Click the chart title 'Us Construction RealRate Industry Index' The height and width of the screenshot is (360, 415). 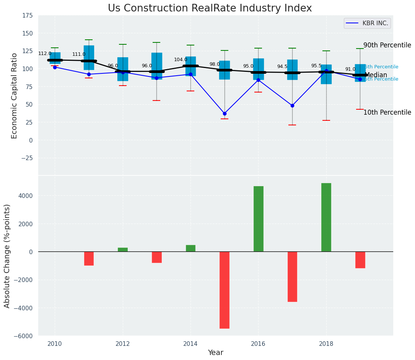pyautogui.click(x=210, y=8)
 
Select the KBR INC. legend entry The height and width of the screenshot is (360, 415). pyautogui.click(x=367, y=23)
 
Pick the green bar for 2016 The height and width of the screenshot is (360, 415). pyautogui.click(x=258, y=219)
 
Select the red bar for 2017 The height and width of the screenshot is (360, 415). pyautogui.click(x=292, y=276)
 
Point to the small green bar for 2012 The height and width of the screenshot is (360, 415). pyautogui.click(x=123, y=250)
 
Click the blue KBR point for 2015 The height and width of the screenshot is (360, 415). pyautogui.click(x=225, y=114)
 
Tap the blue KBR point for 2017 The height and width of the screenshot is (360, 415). pyautogui.click(x=292, y=105)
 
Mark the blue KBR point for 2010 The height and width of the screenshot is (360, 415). pyautogui.click(x=55, y=67)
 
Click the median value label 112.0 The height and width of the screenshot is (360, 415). pyautogui.click(x=45, y=54)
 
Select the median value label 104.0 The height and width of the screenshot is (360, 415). pyautogui.click(x=181, y=60)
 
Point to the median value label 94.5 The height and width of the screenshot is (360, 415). pyautogui.click(x=282, y=66)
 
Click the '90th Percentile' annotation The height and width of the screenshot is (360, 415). pyautogui.click(x=387, y=45)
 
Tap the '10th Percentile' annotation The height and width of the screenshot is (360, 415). pyautogui.click(x=387, y=112)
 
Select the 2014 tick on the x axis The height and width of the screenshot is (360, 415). pyautogui.click(x=190, y=344)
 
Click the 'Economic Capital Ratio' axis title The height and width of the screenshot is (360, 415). pyautogui.click(x=15, y=96)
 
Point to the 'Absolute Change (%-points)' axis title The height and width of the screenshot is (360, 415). pyautogui.click(x=7, y=256)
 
